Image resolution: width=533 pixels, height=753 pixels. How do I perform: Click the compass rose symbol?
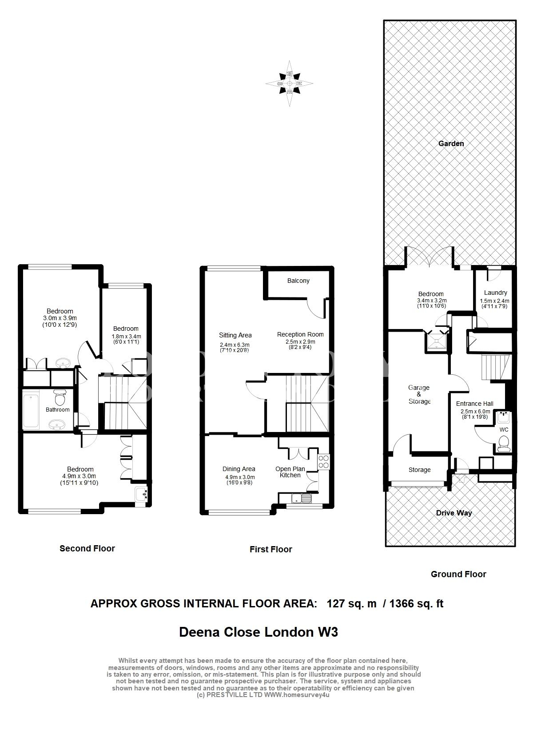289,83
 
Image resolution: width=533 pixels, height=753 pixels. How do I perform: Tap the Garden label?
451,143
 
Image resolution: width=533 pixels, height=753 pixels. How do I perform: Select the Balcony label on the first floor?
298,281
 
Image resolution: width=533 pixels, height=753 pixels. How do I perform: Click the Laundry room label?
495,293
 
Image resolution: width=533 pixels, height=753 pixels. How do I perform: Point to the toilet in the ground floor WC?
503,444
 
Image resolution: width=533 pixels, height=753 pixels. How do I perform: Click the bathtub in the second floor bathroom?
31,410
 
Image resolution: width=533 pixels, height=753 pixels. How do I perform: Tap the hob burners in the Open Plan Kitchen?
323,461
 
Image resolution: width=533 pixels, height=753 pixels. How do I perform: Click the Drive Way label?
454,513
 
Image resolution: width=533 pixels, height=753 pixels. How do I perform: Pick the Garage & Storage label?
419,394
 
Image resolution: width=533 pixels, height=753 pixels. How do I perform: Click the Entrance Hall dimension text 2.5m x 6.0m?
475,412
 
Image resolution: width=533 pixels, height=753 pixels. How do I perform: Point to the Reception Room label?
300,334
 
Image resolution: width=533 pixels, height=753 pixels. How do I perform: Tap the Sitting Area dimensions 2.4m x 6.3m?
235,345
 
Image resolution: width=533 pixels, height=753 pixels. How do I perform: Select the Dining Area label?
239,469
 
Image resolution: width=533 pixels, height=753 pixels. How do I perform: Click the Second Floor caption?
87,549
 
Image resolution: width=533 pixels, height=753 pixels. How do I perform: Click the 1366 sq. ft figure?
416,604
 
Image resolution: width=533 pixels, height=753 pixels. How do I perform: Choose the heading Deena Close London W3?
258,632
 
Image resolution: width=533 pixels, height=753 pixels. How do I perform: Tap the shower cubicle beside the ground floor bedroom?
437,341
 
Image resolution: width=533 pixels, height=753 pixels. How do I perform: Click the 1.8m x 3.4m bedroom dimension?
126,337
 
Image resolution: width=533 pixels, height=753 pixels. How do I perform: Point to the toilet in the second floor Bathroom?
60,397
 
